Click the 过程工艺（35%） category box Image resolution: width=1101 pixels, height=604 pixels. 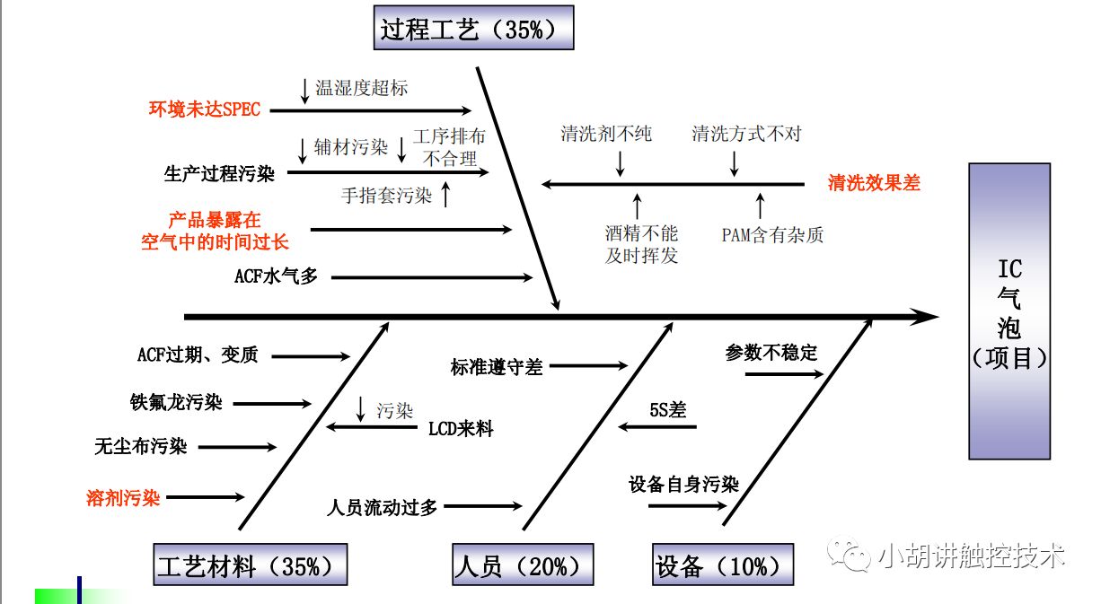473,28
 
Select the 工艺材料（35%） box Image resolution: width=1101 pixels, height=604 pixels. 251,565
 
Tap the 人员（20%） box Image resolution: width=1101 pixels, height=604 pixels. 522,565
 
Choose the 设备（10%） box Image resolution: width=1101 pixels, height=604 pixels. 723,565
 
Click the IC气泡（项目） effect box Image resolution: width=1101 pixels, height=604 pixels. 1009,311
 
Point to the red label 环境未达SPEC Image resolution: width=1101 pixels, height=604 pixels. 205,109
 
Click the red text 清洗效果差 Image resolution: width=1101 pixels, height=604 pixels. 874,183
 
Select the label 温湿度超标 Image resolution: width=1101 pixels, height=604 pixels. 361,88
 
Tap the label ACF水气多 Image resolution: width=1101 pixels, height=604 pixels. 276,277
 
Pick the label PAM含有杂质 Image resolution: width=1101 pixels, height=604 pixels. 772,235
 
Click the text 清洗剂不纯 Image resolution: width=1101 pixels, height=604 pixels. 606,135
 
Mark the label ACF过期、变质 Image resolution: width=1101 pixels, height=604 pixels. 198,355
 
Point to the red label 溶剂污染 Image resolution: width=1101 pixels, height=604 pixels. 123,497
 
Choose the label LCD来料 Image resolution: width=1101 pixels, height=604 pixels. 461,429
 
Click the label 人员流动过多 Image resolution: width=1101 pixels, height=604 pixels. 383,507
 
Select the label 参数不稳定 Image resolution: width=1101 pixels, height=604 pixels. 771,353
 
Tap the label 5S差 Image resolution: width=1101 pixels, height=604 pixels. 667,410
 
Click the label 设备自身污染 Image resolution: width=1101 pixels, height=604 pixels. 683,486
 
